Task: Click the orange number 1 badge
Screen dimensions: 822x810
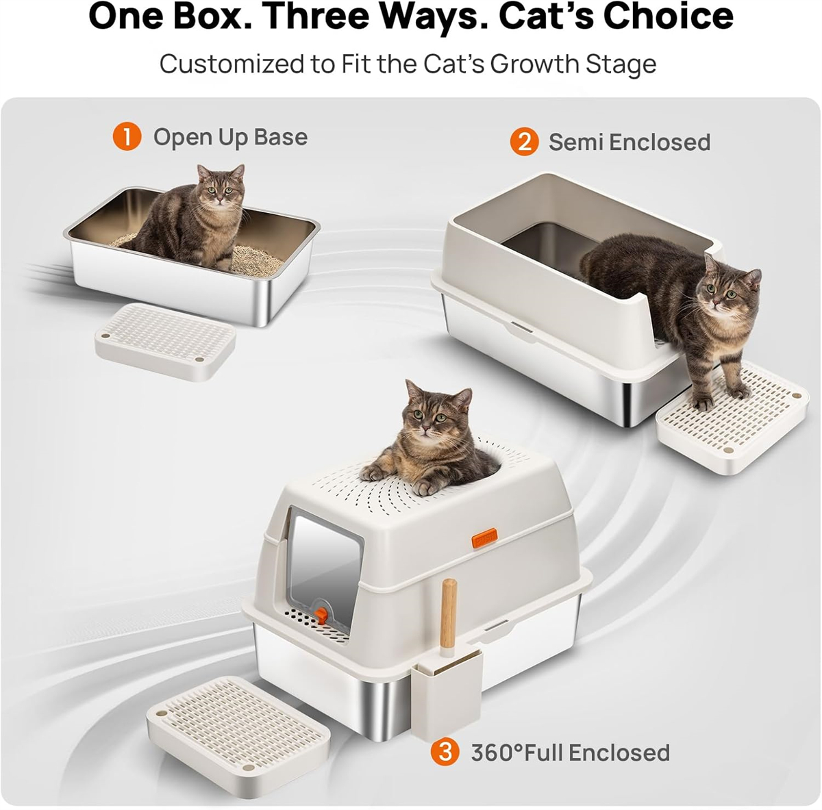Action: pyautogui.click(x=127, y=137)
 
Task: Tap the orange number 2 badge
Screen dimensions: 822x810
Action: pyautogui.click(x=524, y=142)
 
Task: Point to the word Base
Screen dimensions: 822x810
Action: pyautogui.click(x=280, y=138)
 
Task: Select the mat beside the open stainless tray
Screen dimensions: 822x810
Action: pyautogui.click(x=165, y=342)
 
